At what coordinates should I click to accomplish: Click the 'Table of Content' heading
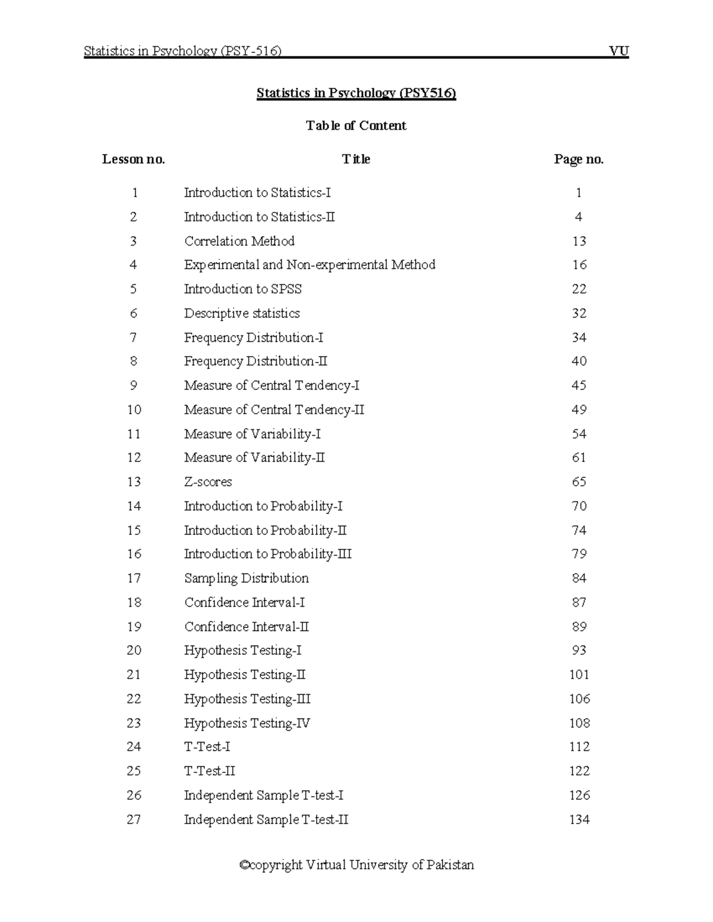(x=356, y=125)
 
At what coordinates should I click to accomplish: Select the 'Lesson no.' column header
(x=134, y=159)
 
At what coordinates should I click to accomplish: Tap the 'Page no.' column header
(x=579, y=159)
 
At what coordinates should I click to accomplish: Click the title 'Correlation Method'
(x=239, y=241)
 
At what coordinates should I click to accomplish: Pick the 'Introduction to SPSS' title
(x=243, y=289)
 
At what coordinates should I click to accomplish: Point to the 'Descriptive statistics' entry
(x=242, y=313)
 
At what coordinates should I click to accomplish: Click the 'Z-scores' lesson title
(x=208, y=482)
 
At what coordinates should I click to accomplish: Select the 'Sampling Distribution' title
(x=247, y=578)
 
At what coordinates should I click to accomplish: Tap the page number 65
(x=579, y=482)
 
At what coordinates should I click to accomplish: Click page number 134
(x=579, y=820)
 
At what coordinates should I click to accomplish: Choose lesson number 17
(x=134, y=578)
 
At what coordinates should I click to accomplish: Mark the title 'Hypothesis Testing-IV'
(x=247, y=723)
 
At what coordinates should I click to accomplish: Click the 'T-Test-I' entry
(x=207, y=747)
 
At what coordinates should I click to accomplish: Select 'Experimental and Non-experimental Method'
(x=310, y=265)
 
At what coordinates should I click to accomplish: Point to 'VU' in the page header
(x=619, y=51)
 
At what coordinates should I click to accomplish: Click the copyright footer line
(x=356, y=865)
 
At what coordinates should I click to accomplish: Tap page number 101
(x=579, y=675)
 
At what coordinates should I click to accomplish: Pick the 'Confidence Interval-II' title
(x=247, y=627)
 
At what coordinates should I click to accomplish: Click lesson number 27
(x=134, y=820)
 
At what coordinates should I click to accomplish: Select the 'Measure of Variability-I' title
(x=253, y=434)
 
